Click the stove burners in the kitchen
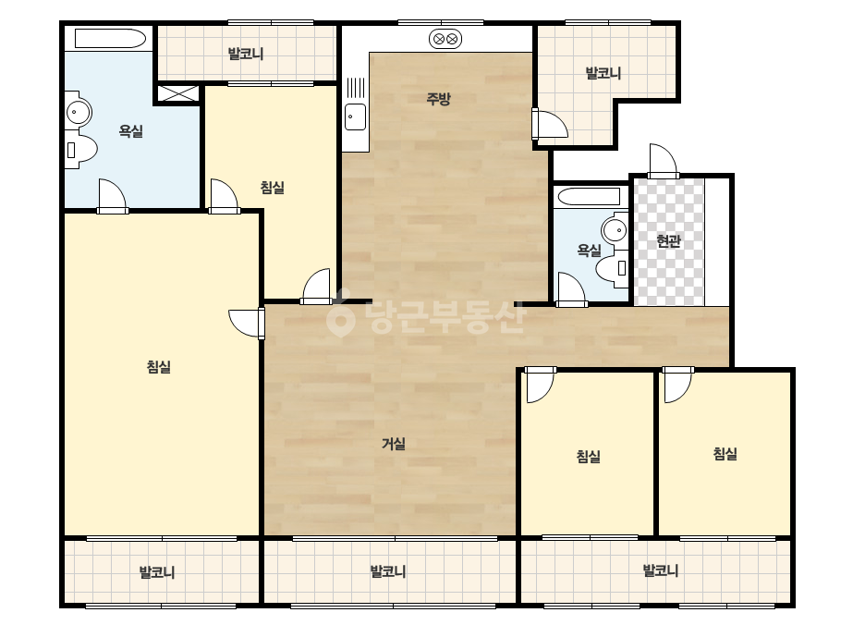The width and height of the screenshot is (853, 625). [x=445, y=39]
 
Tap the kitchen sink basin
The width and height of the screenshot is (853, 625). [x=356, y=116]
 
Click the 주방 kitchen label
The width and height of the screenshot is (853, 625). [x=438, y=99]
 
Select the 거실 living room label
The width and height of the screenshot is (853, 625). [x=394, y=444]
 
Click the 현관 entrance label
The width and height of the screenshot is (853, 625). [x=668, y=240]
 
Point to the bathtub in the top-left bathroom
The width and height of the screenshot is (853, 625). [x=110, y=39]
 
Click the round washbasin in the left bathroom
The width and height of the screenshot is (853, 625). [x=79, y=113]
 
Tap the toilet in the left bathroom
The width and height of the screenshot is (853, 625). [x=80, y=149]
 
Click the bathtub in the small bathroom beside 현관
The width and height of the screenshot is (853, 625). [x=590, y=197]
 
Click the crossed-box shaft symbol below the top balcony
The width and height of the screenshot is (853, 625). [x=177, y=92]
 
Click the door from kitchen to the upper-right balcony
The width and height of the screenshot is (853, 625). [x=550, y=124]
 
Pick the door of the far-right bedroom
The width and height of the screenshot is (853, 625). [x=677, y=385]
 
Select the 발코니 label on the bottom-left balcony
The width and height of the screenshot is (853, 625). [x=157, y=572]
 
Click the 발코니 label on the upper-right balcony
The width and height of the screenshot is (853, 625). [x=603, y=73]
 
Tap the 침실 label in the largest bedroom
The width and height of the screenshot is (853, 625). [x=159, y=367]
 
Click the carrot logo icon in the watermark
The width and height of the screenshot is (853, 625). [x=340, y=314]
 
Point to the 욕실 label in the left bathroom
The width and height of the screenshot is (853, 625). [x=131, y=131]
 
